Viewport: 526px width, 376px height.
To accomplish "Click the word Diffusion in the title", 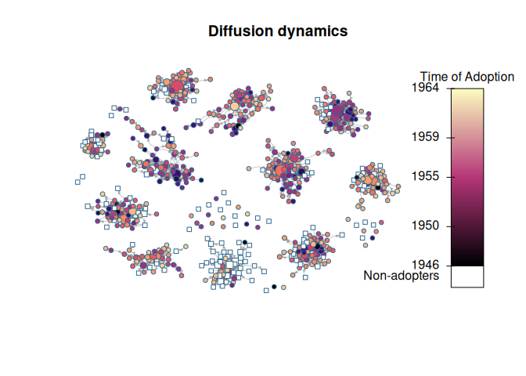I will click(x=236, y=31).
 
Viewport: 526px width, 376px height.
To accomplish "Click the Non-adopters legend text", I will click(x=402, y=276).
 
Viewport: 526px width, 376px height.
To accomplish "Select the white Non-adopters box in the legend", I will click(x=467, y=277).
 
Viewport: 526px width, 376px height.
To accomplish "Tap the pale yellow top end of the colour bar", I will click(x=467, y=92).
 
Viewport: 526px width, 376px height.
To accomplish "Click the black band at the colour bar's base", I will click(x=467, y=262).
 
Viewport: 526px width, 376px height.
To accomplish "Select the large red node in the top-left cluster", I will click(x=177, y=86).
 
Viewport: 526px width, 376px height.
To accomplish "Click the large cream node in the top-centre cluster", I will click(x=233, y=106).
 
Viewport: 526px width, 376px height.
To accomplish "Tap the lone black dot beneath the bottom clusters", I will click(x=274, y=287).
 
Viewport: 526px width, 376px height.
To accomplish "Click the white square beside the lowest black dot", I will click(x=266, y=291).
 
